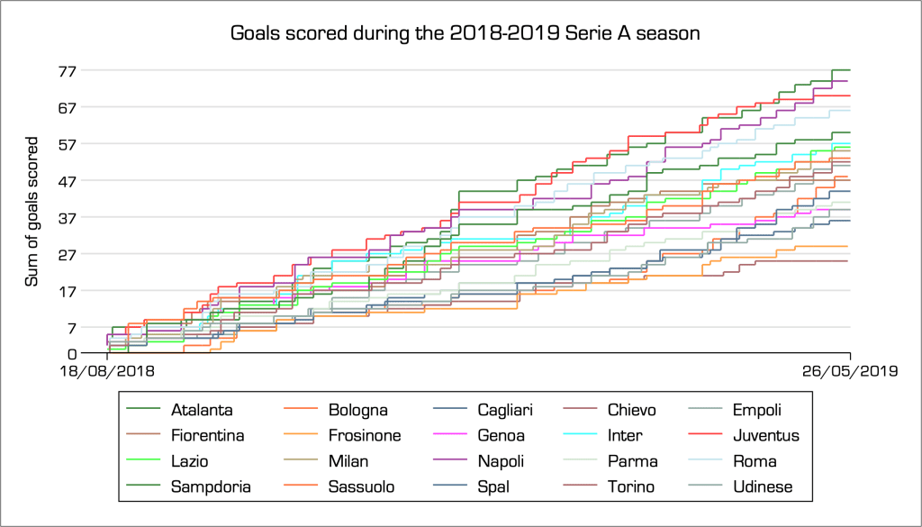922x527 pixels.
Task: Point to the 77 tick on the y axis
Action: [x=68, y=70]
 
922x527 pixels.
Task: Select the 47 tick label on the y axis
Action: [x=68, y=180]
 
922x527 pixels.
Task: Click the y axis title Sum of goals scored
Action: [x=32, y=212]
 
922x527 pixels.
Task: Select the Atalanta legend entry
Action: [x=202, y=410]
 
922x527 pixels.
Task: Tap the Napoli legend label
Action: [x=500, y=461]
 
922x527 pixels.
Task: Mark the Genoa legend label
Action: [x=499, y=436]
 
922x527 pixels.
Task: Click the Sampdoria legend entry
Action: [x=211, y=486]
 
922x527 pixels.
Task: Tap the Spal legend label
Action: [x=493, y=486]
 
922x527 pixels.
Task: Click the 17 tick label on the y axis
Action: [x=68, y=291]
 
